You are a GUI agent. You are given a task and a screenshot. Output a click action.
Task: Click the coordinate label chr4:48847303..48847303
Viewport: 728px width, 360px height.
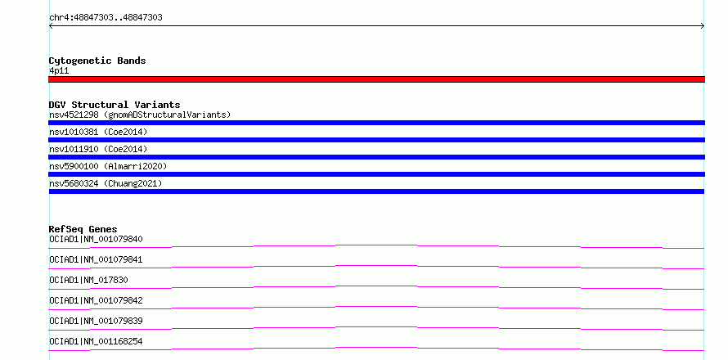click(x=106, y=18)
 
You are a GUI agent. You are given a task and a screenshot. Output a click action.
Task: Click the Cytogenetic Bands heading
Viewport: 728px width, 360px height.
click(x=97, y=61)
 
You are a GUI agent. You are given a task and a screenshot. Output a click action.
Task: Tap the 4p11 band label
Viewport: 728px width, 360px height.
click(x=59, y=71)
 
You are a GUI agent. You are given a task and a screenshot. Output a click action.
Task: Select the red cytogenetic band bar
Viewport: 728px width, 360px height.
click(x=376, y=79)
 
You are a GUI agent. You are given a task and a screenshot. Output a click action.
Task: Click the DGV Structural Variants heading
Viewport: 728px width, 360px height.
click(x=115, y=105)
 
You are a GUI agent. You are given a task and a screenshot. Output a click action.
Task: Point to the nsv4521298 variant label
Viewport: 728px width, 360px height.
click(x=74, y=115)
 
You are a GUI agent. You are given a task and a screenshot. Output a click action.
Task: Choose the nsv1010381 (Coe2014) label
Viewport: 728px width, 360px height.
click(x=98, y=132)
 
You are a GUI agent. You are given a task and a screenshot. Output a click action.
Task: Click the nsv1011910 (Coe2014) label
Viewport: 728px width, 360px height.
click(x=98, y=149)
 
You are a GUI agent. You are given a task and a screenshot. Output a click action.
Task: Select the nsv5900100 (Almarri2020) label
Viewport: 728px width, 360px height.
click(x=108, y=166)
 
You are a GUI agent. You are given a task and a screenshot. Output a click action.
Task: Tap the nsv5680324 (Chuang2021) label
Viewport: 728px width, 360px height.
click(x=106, y=183)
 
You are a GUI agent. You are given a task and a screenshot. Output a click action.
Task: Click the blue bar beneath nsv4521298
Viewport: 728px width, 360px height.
click(x=376, y=123)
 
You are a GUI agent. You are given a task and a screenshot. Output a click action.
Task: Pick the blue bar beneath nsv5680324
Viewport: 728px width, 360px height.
click(x=376, y=191)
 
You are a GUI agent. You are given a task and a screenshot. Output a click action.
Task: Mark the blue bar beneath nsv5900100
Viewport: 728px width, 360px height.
click(x=376, y=174)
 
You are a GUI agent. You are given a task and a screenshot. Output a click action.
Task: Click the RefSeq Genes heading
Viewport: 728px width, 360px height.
click(x=83, y=229)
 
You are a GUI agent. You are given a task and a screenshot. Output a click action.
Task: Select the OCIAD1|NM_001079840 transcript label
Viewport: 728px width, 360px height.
click(x=96, y=240)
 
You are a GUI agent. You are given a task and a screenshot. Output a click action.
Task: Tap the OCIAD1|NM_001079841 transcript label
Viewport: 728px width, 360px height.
click(x=96, y=260)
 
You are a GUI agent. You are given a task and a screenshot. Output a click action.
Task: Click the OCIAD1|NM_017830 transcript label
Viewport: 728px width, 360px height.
click(x=88, y=281)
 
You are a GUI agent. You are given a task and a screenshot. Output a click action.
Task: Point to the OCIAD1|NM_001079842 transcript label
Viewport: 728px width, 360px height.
click(x=96, y=301)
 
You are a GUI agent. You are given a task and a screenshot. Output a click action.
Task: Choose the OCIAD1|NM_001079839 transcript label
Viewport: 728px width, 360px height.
click(x=96, y=322)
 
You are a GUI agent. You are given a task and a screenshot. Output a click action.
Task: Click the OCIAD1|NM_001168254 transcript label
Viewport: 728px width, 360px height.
click(x=96, y=342)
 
